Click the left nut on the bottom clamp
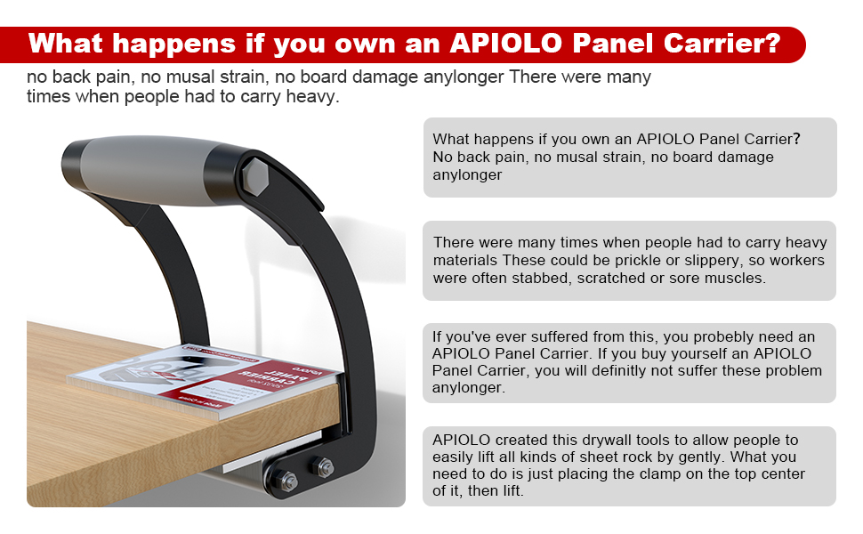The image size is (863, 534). click(x=287, y=481)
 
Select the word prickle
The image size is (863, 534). click(x=654, y=260)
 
